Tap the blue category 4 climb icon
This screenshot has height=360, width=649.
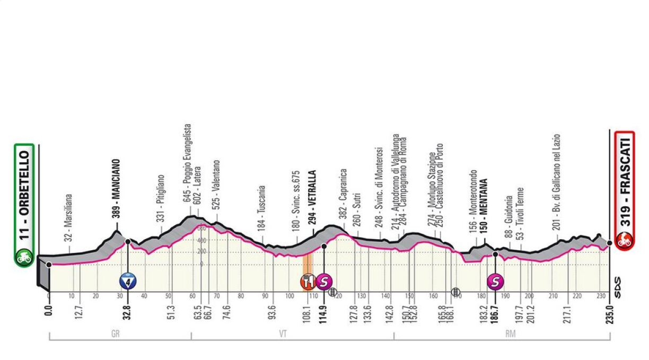[x=127, y=280]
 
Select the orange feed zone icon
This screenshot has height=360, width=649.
[x=308, y=280]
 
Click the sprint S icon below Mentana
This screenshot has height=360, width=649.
[x=495, y=280]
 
